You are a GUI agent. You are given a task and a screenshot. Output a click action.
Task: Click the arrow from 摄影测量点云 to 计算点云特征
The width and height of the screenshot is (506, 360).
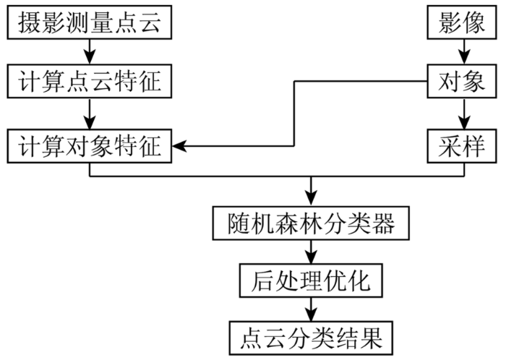90,51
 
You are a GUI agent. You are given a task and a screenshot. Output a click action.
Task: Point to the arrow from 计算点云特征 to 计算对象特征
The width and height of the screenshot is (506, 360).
90,113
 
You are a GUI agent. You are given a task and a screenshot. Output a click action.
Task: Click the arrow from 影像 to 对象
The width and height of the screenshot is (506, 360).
464,51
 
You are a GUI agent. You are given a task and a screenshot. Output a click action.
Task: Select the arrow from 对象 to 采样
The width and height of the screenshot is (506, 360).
464,113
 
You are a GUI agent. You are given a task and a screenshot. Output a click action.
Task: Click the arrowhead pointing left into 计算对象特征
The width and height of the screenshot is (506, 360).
179,146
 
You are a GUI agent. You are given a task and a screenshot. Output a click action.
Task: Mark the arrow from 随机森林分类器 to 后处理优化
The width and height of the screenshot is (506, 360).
311,252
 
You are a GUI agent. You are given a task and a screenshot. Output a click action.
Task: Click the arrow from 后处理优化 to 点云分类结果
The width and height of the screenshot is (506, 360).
311,309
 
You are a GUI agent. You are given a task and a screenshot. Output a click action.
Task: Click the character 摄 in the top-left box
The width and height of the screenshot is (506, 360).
30,22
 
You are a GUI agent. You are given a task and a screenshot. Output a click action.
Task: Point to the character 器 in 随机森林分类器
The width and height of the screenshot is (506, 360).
383,223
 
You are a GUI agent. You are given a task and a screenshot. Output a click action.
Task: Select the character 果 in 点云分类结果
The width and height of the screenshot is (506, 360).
371,338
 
